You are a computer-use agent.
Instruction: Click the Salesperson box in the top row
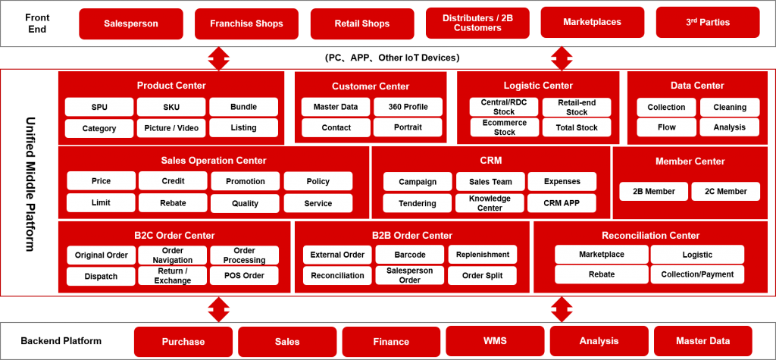click(x=131, y=23)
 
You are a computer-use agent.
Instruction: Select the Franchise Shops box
click(x=246, y=23)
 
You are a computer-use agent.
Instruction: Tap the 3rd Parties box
click(x=708, y=22)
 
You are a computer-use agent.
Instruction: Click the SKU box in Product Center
click(x=171, y=107)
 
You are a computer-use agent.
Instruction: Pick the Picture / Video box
click(x=171, y=128)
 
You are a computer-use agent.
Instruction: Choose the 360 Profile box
click(x=408, y=107)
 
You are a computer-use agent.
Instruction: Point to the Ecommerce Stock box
click(x=504, y=127)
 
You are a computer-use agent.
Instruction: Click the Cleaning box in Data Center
click(x=730, y=107)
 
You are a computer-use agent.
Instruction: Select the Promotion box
click(x=246, y=181)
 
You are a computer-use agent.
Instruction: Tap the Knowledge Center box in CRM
click(x=490, y=203)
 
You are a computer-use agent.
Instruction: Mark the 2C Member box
click(x=725, y=191)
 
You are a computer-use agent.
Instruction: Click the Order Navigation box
click(x=173, y=255)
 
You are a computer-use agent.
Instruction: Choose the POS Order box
click(x=244, y=276)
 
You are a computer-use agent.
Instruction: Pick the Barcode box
click(x=410, y=255)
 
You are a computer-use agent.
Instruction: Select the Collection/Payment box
click(x=697, y=274)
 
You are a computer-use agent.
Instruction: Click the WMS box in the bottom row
click(x=495, y=341)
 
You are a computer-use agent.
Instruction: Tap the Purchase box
click(x=183, y=342)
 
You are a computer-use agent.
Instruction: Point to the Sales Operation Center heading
click(x=214, y=161)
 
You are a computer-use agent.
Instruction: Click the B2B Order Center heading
click(x=411, y=236)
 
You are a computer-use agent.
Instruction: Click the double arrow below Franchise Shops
click(x=218, y=59)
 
